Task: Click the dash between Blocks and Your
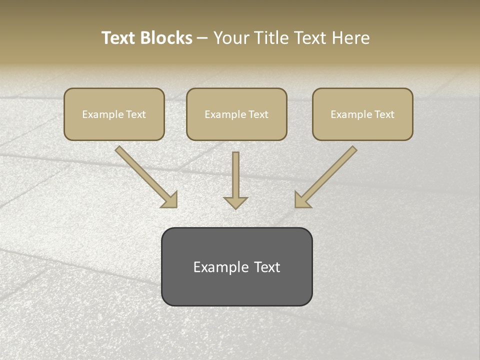pyautogui.click(x=202, y=38)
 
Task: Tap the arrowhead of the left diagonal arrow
pyautogui.click(x=170, y=200)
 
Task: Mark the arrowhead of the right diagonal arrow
pyautogui.click(x=301, y=200)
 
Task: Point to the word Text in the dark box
pyautogui.click(x=266, y=267)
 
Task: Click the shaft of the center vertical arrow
pyautogui.click(x=235, y=172)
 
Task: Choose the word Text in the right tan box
pyautogui.click(x=384, y=114)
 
